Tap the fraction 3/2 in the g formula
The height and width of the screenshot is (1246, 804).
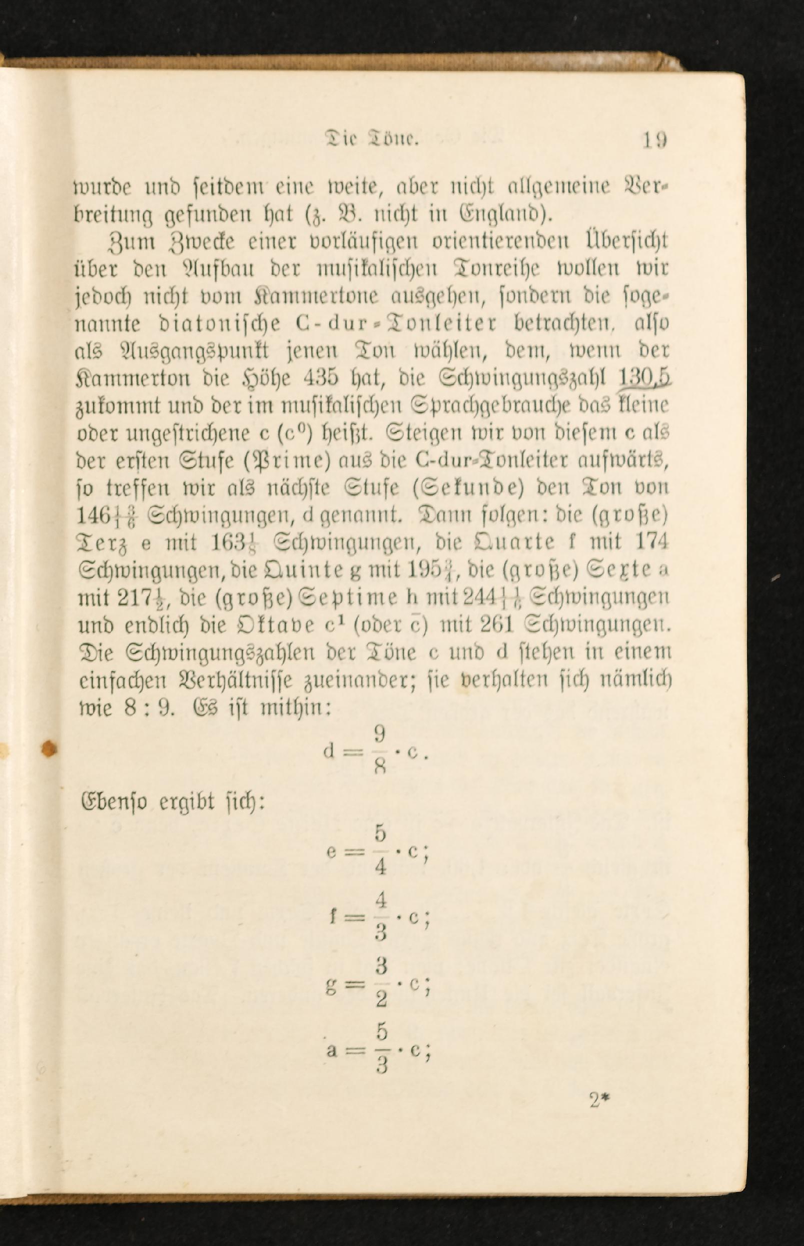[381, 983]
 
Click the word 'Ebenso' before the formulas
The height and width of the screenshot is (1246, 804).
[112, 803]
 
